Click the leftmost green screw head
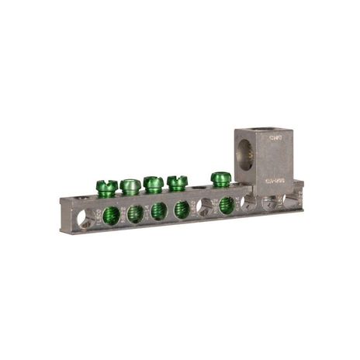(x=106, y=187)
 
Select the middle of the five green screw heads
(x=154, y=184)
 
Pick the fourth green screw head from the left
(x=177, y=182)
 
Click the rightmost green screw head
(x=220, y=178)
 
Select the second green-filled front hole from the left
(x=135, y=212)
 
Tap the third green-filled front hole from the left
(x=158, y=210)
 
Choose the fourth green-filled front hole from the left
(x=182, y=208)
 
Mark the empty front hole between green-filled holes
(x=205, y=206)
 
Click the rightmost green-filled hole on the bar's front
(x=227, y=205)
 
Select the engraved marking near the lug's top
(x=273, y=140)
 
